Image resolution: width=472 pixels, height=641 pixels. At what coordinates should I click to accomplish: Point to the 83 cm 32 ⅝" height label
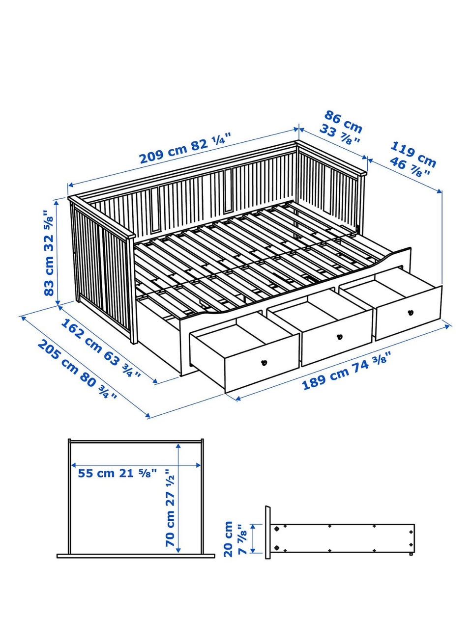pos(49,247)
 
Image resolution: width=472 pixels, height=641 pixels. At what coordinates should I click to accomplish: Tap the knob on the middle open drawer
pos(340,337)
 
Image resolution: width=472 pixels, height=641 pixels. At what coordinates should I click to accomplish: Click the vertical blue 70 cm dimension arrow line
pos(178,499)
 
